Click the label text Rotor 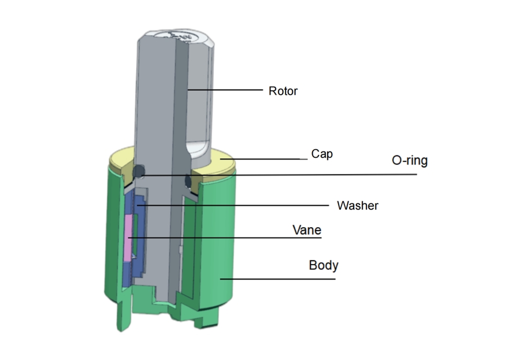283,91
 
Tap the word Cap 322,154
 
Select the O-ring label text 410,161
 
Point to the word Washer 357,205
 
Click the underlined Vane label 307,230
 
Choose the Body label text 324,266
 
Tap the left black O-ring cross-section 139,172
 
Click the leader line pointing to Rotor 225,90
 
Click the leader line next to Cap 260,159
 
